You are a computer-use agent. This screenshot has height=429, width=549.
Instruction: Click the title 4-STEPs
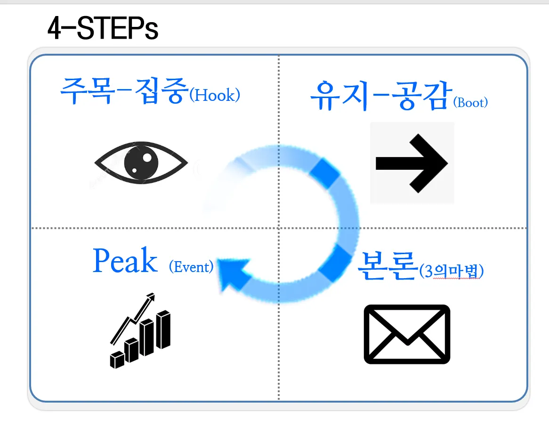[103, 29]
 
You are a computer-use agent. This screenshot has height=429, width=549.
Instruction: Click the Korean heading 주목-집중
[121, 91]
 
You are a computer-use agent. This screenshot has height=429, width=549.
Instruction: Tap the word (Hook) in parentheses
[215, 96]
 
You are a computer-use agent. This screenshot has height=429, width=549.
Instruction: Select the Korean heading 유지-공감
[379, 96]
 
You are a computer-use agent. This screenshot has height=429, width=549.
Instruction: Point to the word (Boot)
[470, 103]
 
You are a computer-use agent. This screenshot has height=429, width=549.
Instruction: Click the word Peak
[125, 261]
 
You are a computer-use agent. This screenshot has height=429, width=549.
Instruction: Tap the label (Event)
[191, 267]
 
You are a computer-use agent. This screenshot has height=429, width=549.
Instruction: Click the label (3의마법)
[451, 272]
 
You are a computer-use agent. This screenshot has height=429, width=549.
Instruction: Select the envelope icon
[407, 334]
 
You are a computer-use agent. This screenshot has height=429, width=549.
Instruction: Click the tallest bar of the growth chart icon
[164, 330]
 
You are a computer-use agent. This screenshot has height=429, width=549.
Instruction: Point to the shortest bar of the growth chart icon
[116, 360]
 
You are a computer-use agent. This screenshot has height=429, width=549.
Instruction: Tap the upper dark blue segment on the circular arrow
[325, 173]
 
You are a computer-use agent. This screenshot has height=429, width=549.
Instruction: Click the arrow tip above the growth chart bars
[151, 297]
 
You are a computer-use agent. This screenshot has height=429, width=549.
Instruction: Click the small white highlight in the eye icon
[147, 157]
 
